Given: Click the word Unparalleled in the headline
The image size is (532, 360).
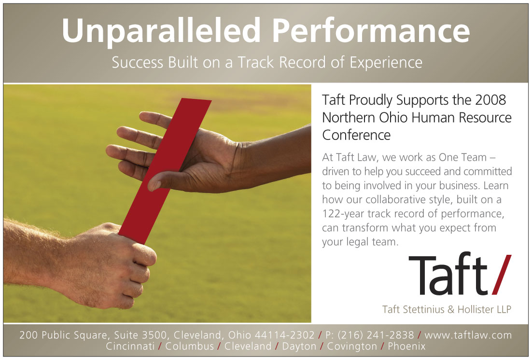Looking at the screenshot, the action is pos(161,31).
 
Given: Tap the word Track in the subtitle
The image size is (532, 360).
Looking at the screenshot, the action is pos(255,62).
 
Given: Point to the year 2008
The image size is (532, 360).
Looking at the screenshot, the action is pos(490,100).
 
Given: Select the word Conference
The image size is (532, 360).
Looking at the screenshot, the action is pos(356,135).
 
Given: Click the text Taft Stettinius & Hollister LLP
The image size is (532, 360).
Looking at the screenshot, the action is pos(447,309).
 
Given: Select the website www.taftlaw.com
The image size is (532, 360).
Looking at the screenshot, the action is pos(468,335).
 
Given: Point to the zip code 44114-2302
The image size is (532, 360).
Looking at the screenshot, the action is pos(285,335).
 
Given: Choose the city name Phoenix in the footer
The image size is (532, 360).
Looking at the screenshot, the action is pos(406,346).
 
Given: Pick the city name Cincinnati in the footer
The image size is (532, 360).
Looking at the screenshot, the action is pos(130,346).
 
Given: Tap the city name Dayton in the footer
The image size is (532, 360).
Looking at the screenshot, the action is pos(299,347).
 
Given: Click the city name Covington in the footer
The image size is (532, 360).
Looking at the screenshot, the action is pos(352,347).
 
